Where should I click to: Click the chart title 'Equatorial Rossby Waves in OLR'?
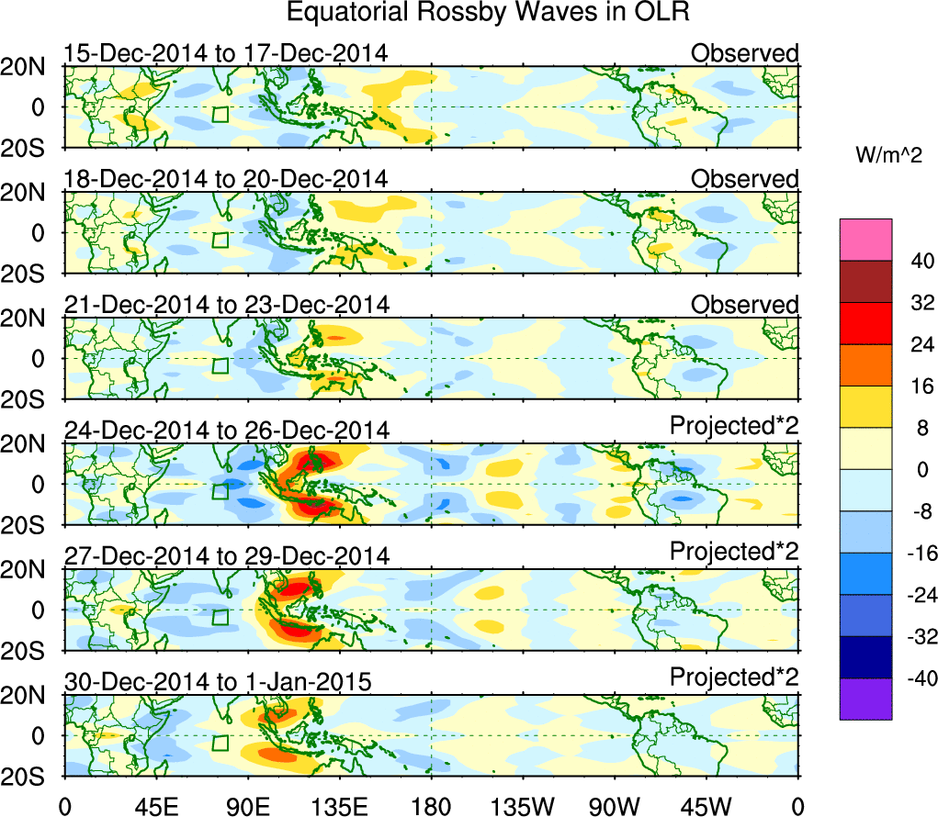pyautogui.click(x=488, y=13)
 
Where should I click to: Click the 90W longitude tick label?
pyautogui.click(x=615, y=806)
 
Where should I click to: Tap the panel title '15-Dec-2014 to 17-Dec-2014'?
pyautogui.click(x=225, y=53)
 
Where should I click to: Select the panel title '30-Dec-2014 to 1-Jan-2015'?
pyautogui.click(x=217, y=682)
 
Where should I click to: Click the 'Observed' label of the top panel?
pyautogui.click(x=745, y=53)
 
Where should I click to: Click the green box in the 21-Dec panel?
pyautogui.click(x=220, y=365)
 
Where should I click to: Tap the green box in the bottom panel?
pyautogui.click(x=220, y=743)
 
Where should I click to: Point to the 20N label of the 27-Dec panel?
pyautogui.click(x=30, y=569)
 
